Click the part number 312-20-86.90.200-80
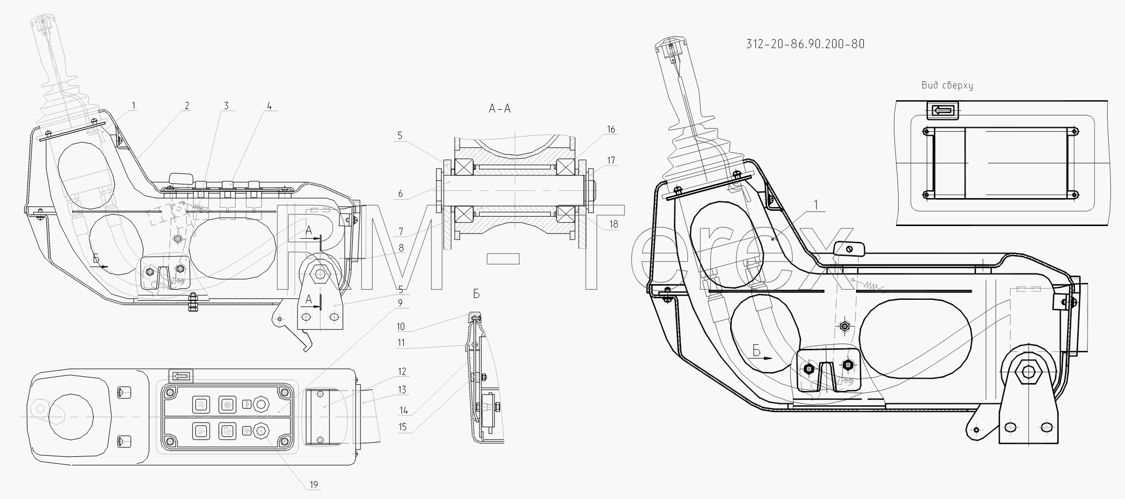(805, 44)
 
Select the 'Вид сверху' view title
(947, 85)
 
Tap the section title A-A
(500, 109)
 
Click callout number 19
(314, 485)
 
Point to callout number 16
(611, 130)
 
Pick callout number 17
(611, 160)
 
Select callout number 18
(613, 224)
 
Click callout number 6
(400, 194)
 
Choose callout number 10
(401, 327)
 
